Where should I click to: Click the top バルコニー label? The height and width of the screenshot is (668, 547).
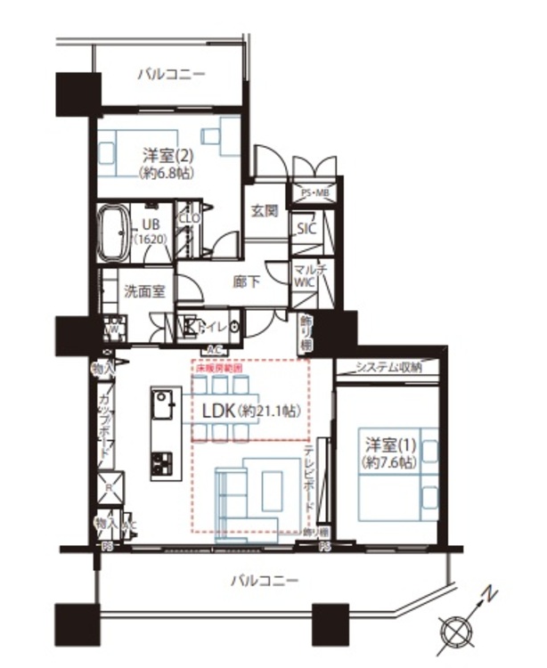pyautogui.click(x=171, y=74)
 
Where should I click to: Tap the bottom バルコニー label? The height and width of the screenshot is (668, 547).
pyautogui.click(x=265, y=580)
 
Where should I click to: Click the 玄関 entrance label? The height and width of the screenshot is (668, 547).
pyautogui.click(x=264, y=212)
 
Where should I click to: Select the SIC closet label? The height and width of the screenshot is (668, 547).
pyautogui.click(x=306, y=228)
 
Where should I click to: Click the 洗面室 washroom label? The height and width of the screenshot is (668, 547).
pyautogui.click(x=143, y=289)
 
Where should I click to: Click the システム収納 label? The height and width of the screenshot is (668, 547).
pyautogui.click(x=388, y=367)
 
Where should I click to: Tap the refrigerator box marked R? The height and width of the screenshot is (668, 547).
pyautogui.click(x=108, y=488)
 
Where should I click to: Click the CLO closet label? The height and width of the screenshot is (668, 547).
pyautogui.click(x=189, y=216)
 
